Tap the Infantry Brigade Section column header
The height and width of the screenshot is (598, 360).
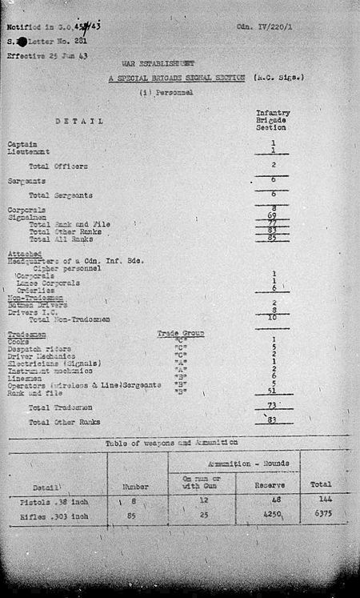272,120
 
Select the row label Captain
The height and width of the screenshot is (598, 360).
22,143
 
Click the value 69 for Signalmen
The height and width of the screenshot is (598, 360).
272,217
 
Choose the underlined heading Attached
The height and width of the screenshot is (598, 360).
23,254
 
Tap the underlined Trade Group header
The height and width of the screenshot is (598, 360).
181,333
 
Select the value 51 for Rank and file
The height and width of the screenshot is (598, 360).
272,391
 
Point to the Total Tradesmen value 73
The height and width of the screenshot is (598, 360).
272,406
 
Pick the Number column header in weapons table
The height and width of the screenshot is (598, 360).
135,485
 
